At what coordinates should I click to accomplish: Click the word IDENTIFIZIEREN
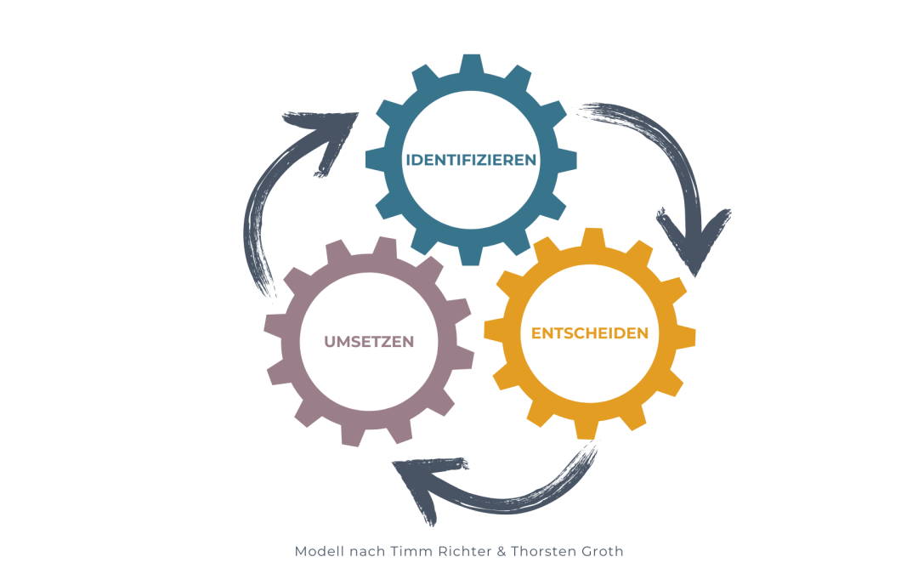(471, 159)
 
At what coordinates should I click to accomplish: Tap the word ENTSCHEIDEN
(590, 333)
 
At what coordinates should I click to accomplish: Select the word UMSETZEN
(369, 342)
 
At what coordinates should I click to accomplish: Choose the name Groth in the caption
(603, 551)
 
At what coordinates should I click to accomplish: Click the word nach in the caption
(364, 551)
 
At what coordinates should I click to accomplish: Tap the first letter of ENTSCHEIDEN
(536, 333)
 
